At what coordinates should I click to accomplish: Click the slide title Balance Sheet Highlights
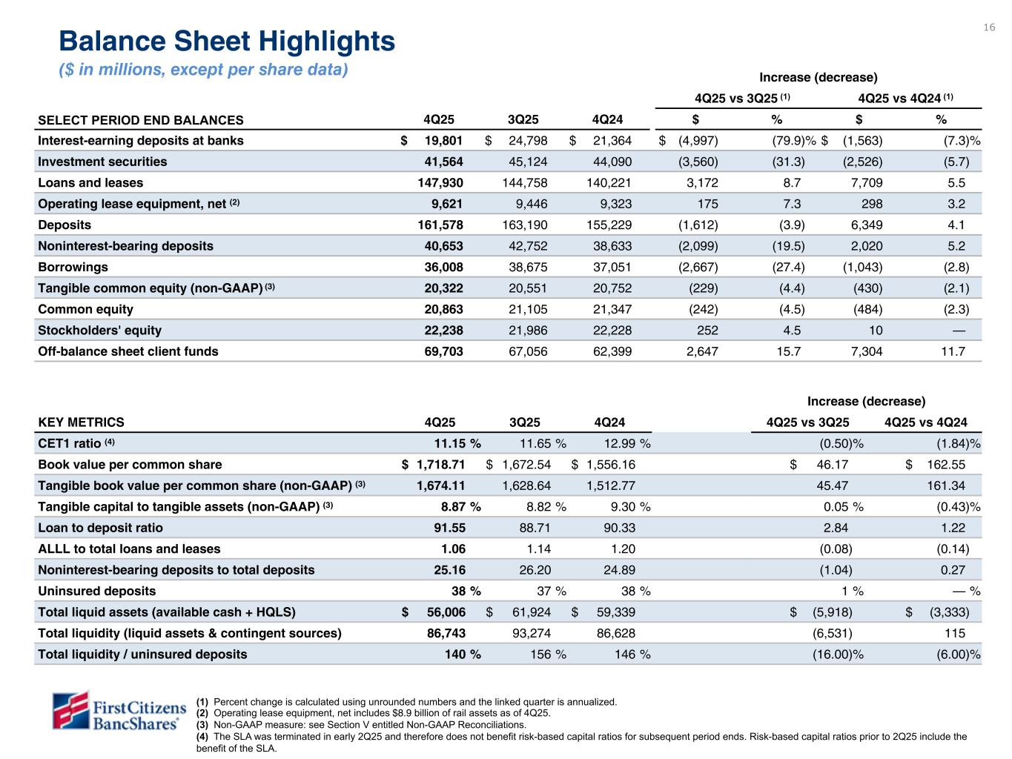tap(227, 42)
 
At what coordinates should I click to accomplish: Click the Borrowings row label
tap(73, 267)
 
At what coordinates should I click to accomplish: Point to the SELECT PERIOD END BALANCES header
tap(140, 120)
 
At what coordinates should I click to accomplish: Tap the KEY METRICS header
tap(81, 422)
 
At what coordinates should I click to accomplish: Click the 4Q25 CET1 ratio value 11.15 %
tap(457, 443)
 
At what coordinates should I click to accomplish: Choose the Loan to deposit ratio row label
tap(100, 528)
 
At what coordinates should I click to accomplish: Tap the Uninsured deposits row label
tap(96, 591)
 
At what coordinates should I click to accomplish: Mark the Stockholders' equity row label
tap(99, 331)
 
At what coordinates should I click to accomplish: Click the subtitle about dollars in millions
tap(203, 70)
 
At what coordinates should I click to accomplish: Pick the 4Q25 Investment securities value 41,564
tap(442, 162)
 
